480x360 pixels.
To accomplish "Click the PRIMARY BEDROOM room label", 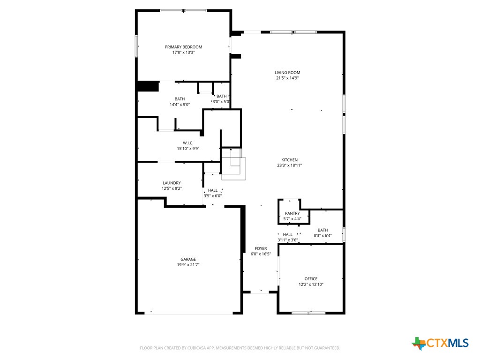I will [x=183, y=47].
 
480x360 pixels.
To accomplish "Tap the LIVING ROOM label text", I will [x=287, y=73].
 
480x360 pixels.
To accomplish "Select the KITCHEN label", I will [x=289, y=160].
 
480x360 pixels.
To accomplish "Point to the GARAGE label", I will [x=188, y=259].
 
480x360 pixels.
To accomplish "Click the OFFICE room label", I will [x=311, y=279].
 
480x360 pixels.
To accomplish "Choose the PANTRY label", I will [x=292, y=213].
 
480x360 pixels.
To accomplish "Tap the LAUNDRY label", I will [x=172, y=183].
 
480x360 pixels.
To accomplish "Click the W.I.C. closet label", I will [x=188, y=143].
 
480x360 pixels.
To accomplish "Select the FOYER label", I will [x=261, y=248].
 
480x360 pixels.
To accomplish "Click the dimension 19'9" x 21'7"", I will [x=188, y=265].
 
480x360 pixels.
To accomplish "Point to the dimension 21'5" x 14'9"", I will [x=287, y=78].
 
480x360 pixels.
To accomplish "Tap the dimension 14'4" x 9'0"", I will [x=180, y=105].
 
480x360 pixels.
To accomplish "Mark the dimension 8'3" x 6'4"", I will [x=322, y=236].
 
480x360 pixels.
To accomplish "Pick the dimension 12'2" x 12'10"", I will [x=311, y=285].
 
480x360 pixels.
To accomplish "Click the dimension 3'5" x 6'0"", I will [x=212, y=196].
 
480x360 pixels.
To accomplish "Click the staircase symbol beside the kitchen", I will [x=233, y=165].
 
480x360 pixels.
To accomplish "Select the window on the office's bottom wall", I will [x=308, y=313].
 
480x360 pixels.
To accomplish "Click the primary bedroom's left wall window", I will [x=136, y=46].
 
